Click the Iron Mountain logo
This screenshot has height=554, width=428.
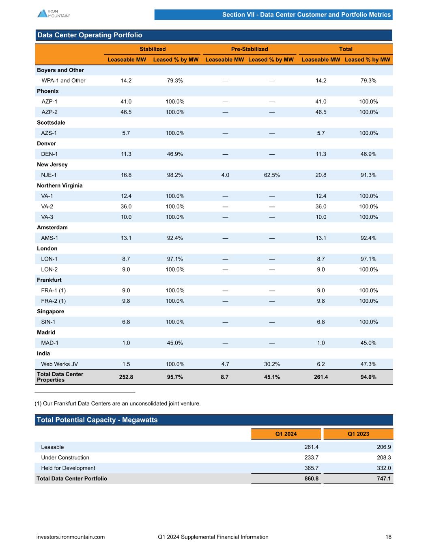[x=53, y=13]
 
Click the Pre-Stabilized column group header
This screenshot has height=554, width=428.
[x=249, y=49]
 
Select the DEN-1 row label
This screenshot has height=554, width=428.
[x=49, y=154]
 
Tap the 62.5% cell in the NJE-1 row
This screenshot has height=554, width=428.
[x=272, y=175]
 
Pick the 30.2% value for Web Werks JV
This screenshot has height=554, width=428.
[x=272, y=364]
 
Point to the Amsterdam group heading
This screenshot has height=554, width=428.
[x=52, y=227]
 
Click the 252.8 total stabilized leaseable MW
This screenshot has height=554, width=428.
[x=126, y=377]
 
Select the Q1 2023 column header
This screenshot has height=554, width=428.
[x=358, y=434]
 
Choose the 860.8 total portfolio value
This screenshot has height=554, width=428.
[x=312, y=479]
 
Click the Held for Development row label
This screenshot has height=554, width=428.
[x=68, y=468]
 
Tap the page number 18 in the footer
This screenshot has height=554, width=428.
[x=389, y=537]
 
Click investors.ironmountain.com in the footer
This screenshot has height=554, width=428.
[x=71, y=537]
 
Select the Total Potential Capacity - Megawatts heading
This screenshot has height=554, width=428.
[x=97, y=420]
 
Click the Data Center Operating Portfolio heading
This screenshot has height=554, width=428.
[x=90, y=35]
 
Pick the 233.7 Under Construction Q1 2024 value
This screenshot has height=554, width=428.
[x=312, y=457]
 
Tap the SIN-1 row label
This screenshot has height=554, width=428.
[x=48, y=322]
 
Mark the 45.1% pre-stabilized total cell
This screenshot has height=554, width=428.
[x=272, y=377]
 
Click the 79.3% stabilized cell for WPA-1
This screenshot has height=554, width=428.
[x=175, y=80]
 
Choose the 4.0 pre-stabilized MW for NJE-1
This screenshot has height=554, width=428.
[x=225, y=175]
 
